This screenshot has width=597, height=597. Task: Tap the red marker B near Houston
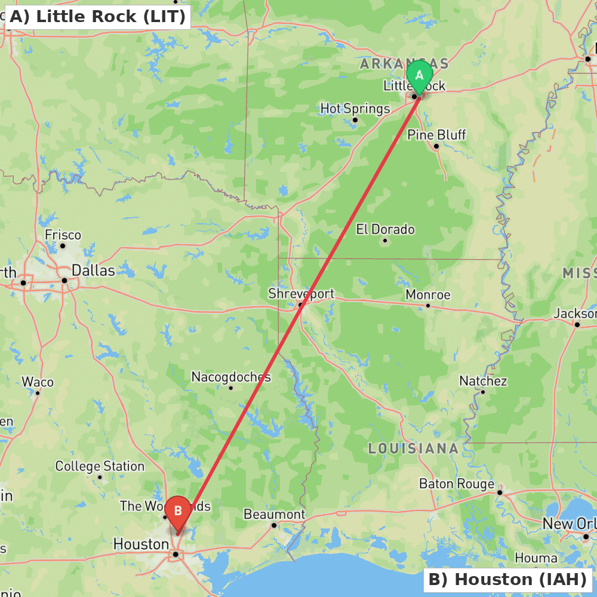click(178, 512)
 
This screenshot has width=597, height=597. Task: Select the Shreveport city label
click(301, 294)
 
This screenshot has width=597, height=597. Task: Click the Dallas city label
click(93, 270)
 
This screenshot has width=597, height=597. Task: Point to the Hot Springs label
click(355, 109)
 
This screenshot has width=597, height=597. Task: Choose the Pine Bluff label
click(436, 135)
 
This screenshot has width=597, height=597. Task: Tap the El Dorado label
click(385, 229)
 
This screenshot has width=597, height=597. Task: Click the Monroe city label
click(428, 295)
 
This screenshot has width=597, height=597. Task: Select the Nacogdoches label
click(231, 377)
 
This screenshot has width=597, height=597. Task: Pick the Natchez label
click(483, 381)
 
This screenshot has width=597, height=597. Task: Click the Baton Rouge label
click(457, 484)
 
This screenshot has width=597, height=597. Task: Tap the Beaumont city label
click(274, 515)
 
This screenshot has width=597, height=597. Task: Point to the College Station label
click(100, 466)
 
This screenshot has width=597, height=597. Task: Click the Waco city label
click(38, 382)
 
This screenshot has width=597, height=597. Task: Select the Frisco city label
click(63, 235)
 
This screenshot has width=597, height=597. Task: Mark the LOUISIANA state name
click(413, 449)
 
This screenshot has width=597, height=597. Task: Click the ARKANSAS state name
click(404, 64)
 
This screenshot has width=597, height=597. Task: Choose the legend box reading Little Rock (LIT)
click(97, 17)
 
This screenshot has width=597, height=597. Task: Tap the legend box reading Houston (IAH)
click(507, 580)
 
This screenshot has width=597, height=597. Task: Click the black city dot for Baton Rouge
click(500, 493)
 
